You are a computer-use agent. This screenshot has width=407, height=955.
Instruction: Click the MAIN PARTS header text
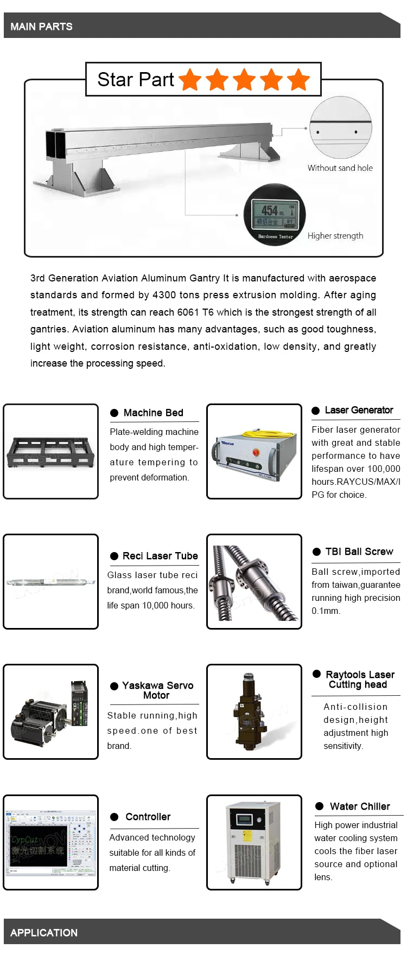point(41,27)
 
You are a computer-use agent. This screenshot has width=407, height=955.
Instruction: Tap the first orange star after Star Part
point(190,80)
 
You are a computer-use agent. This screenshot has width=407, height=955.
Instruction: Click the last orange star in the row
point(298,80)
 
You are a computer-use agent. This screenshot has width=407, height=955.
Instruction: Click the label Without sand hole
point(340,168)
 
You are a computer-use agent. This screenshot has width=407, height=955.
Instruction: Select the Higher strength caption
point(335,236)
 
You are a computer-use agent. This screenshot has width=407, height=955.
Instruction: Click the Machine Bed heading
point(153,413)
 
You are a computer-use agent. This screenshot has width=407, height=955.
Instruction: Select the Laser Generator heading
point(359,410)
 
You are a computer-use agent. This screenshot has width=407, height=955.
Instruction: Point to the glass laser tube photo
point(50,582)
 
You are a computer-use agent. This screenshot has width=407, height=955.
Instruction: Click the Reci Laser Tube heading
point(160,556)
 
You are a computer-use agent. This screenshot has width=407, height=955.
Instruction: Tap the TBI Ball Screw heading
point(359,552)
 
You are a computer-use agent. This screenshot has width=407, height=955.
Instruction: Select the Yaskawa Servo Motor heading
point(157,690)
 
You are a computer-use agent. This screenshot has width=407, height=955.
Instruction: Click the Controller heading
point(148,817)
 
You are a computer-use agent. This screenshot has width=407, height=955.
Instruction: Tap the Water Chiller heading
point(359,806)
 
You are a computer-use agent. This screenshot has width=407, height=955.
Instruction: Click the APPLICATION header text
point(44,933)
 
